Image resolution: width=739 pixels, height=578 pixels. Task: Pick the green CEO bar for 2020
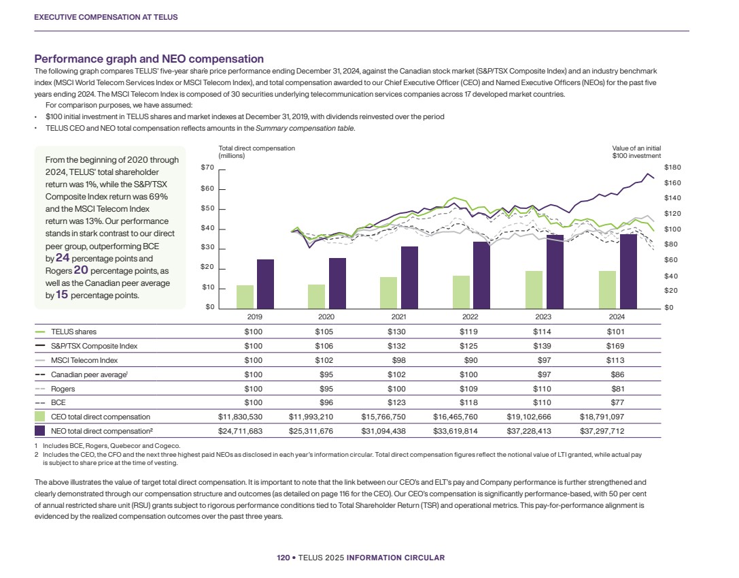point(317,295)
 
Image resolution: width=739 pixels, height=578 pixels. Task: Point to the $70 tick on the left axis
point(208,167)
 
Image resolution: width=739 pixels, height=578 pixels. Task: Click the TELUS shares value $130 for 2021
point(399,332)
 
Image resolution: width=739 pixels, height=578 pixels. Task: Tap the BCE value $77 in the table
point(617,403)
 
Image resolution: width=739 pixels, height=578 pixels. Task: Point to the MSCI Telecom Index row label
point(74,361)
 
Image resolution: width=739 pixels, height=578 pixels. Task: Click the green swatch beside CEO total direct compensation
point(40,417)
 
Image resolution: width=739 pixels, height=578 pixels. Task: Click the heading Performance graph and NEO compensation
point(149,59)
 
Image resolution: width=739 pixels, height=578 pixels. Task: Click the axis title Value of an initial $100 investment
point(636,152)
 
